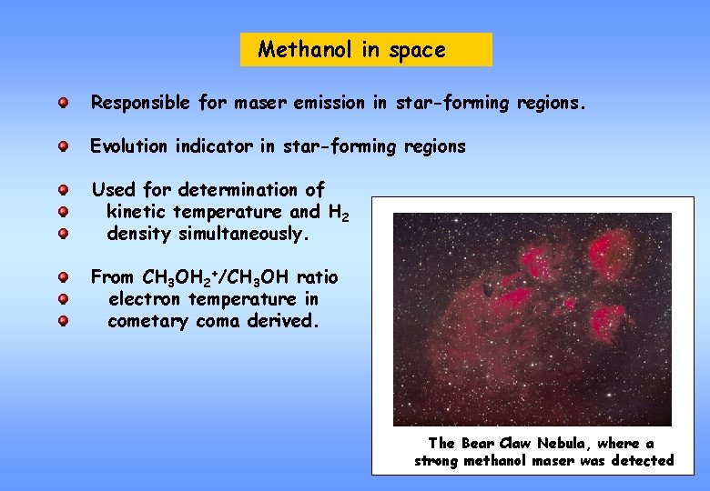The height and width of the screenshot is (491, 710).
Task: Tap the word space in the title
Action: point(417,51)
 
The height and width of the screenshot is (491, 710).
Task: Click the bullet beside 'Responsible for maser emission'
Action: point(63,103)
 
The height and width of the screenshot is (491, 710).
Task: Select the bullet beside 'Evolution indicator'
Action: point(63,145)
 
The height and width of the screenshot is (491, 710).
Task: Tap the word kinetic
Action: point(137,212)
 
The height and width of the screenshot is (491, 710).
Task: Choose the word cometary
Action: point(147,321)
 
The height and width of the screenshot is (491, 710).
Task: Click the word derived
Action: point(286,321)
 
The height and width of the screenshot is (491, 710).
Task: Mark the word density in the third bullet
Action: point(138,234)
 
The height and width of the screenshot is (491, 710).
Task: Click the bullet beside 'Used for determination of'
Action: point(63,190)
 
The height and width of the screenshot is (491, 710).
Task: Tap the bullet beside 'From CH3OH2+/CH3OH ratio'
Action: point(63,277)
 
